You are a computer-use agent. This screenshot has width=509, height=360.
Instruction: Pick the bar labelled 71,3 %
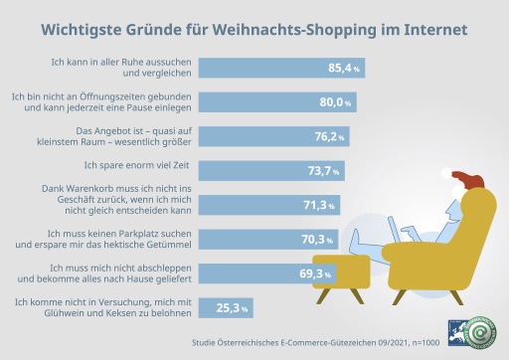point(269,205)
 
